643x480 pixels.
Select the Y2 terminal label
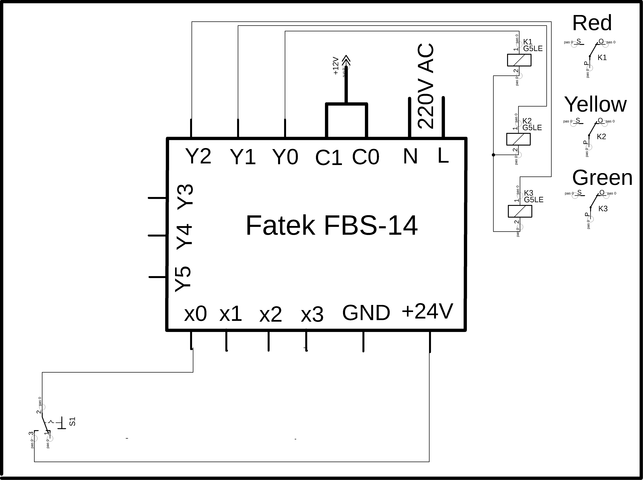pos(198,156)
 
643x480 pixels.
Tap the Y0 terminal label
pos(285,157)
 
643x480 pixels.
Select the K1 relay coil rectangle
pos(519,60)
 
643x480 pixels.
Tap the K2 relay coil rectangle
pos(518,139)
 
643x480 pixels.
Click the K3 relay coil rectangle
pos(520,211)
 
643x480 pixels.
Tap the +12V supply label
pos(336,66)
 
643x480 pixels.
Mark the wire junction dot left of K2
pos(493,155)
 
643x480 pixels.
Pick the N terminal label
pos(410,156)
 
